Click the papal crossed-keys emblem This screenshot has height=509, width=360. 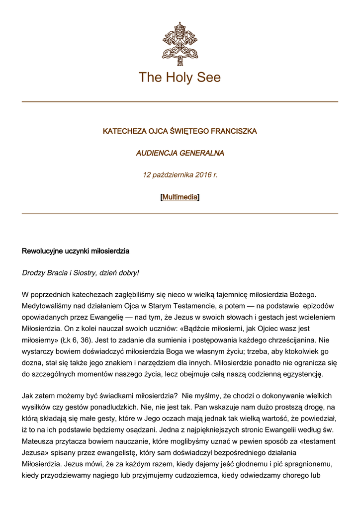[180, 44]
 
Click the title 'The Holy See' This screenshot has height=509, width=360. [180, 78]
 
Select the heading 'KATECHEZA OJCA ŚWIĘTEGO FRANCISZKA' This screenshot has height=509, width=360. [180, 131]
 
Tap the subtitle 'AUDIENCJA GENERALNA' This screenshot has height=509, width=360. [180, 153]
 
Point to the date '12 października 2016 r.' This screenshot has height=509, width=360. [180, 175]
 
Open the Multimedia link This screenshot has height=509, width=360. [180, 197]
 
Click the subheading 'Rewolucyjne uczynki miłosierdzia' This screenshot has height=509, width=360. [76, 251]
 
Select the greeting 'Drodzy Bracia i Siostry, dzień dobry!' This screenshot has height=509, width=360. [81, 273]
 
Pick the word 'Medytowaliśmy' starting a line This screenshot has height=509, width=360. [46, 306]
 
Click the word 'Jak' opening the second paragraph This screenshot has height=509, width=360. [28, 396]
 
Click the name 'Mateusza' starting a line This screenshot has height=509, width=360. [38, 441]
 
